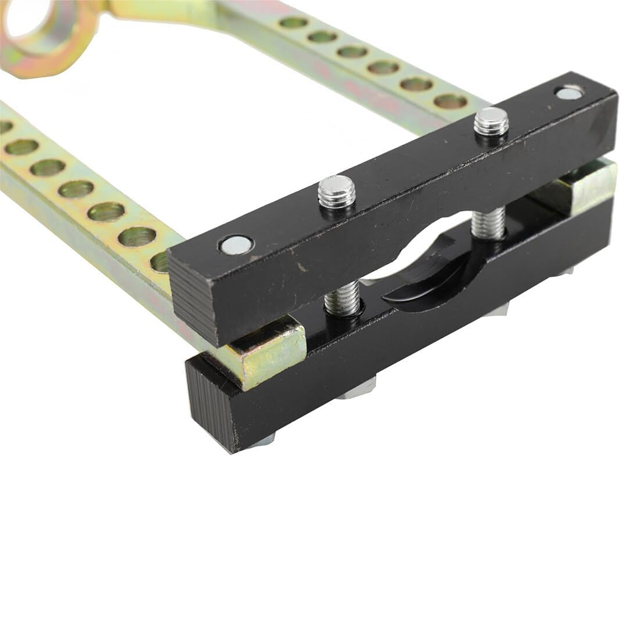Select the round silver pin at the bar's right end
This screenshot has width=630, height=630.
point(569,92)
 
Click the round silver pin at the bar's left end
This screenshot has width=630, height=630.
point(237,244)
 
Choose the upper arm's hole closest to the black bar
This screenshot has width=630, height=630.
point(450,101)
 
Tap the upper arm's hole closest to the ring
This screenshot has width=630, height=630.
point(293,23)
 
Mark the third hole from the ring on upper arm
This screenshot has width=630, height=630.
point(353,52)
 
